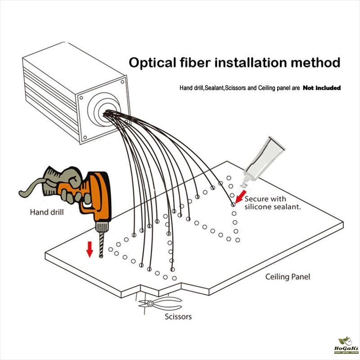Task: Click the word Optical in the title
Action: pyautogui.click(x=151, y=62)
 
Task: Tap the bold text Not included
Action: pyautogui.click(x=321, y=88)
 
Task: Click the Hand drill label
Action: pyautogui.click(x=47, y=211)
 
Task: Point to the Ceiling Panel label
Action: pyautogui.click(x=288, y=277)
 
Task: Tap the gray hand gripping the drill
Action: pyautogui.click(x=67, y=184)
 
